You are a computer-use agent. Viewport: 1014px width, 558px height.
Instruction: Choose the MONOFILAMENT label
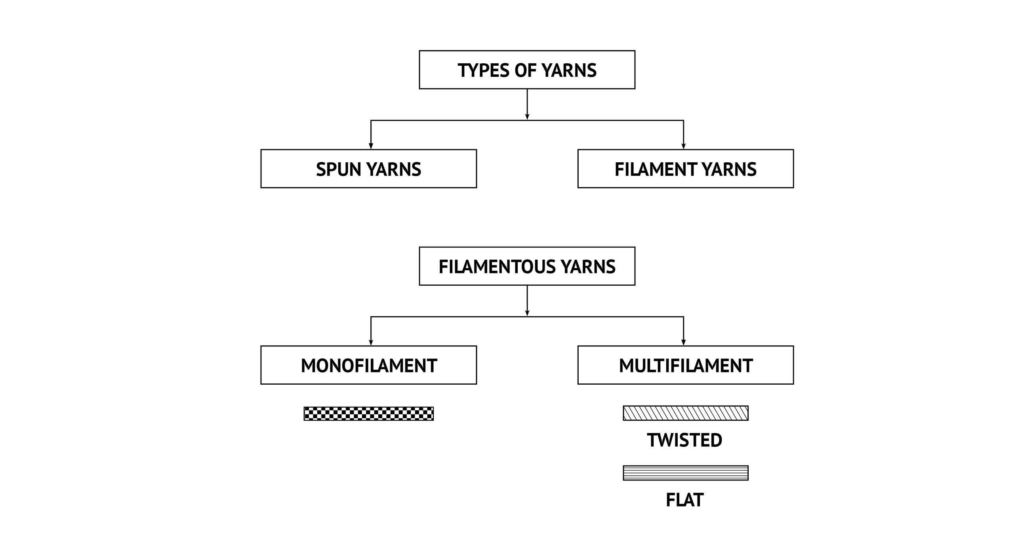369,366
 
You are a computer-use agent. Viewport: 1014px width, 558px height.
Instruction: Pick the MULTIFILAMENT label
686,366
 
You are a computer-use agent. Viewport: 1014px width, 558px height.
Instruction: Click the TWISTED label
685,440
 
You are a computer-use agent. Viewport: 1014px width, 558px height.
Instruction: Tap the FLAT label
685,500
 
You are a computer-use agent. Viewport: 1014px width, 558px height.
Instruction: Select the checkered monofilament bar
369,414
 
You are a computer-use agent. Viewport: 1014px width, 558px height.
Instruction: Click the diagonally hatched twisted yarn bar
686,413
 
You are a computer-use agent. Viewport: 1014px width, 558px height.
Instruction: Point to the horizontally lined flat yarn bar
686,473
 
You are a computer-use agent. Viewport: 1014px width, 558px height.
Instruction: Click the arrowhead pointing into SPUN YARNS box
371,146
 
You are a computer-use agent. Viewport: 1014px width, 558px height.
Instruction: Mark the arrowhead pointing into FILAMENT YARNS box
684,146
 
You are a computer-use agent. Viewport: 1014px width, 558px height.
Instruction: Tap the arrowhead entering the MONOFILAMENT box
371,342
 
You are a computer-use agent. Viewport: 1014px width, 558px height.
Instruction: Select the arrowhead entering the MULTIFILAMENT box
684,342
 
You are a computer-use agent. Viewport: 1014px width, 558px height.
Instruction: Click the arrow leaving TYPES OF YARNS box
527,104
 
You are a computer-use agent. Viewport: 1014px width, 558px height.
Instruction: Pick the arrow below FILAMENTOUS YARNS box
527,300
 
